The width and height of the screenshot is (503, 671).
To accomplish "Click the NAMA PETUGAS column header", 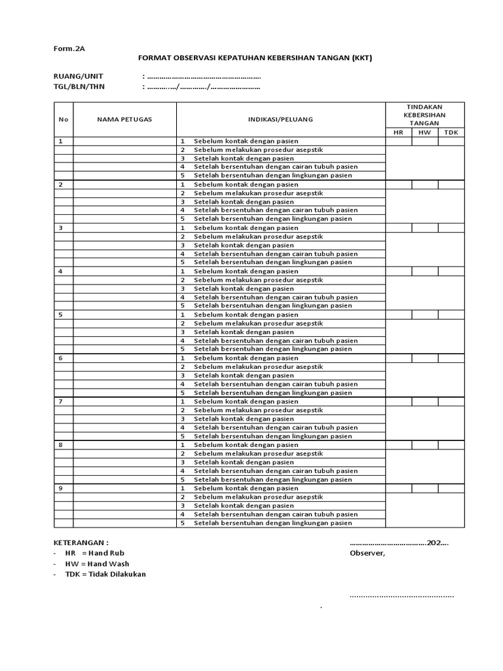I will pyautogui.click(x=124, y=119).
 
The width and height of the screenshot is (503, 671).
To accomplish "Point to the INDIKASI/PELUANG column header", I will pyautogui.click(x=280, y=119).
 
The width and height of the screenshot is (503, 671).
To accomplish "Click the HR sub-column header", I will pyautogui.click(x=398, y=132).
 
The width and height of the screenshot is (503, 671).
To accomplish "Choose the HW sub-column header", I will pyautogui.click(x=425, y=132).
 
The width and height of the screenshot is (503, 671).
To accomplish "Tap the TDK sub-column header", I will pyautogui.click(x=451, y=132).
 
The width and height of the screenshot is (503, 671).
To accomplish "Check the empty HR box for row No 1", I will pyautogui.click(x=398, y=141).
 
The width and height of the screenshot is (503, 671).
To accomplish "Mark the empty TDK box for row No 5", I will pyautogui.click(x=451, y=315).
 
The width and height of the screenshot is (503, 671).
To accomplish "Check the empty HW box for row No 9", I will pyautogui.click(x=425, y=488).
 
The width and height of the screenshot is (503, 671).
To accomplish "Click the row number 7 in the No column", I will pyautogui.click(x=61, y=402).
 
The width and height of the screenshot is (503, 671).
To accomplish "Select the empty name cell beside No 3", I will pyautogui.click(x=124, y=228).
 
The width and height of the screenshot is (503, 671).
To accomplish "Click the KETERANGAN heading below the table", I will pyautogui.click(x=81, y=543).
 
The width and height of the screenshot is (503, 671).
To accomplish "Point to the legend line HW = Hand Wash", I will pyautogui.click(x=97, y=564).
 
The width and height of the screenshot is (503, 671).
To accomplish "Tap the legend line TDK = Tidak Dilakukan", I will pyautogui.click(x=105, y=574).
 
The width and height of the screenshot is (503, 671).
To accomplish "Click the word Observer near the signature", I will pyautogui.click(x=367, y=554).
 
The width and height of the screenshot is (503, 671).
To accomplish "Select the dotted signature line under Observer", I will pyautogui.click(x=401, y=596).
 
